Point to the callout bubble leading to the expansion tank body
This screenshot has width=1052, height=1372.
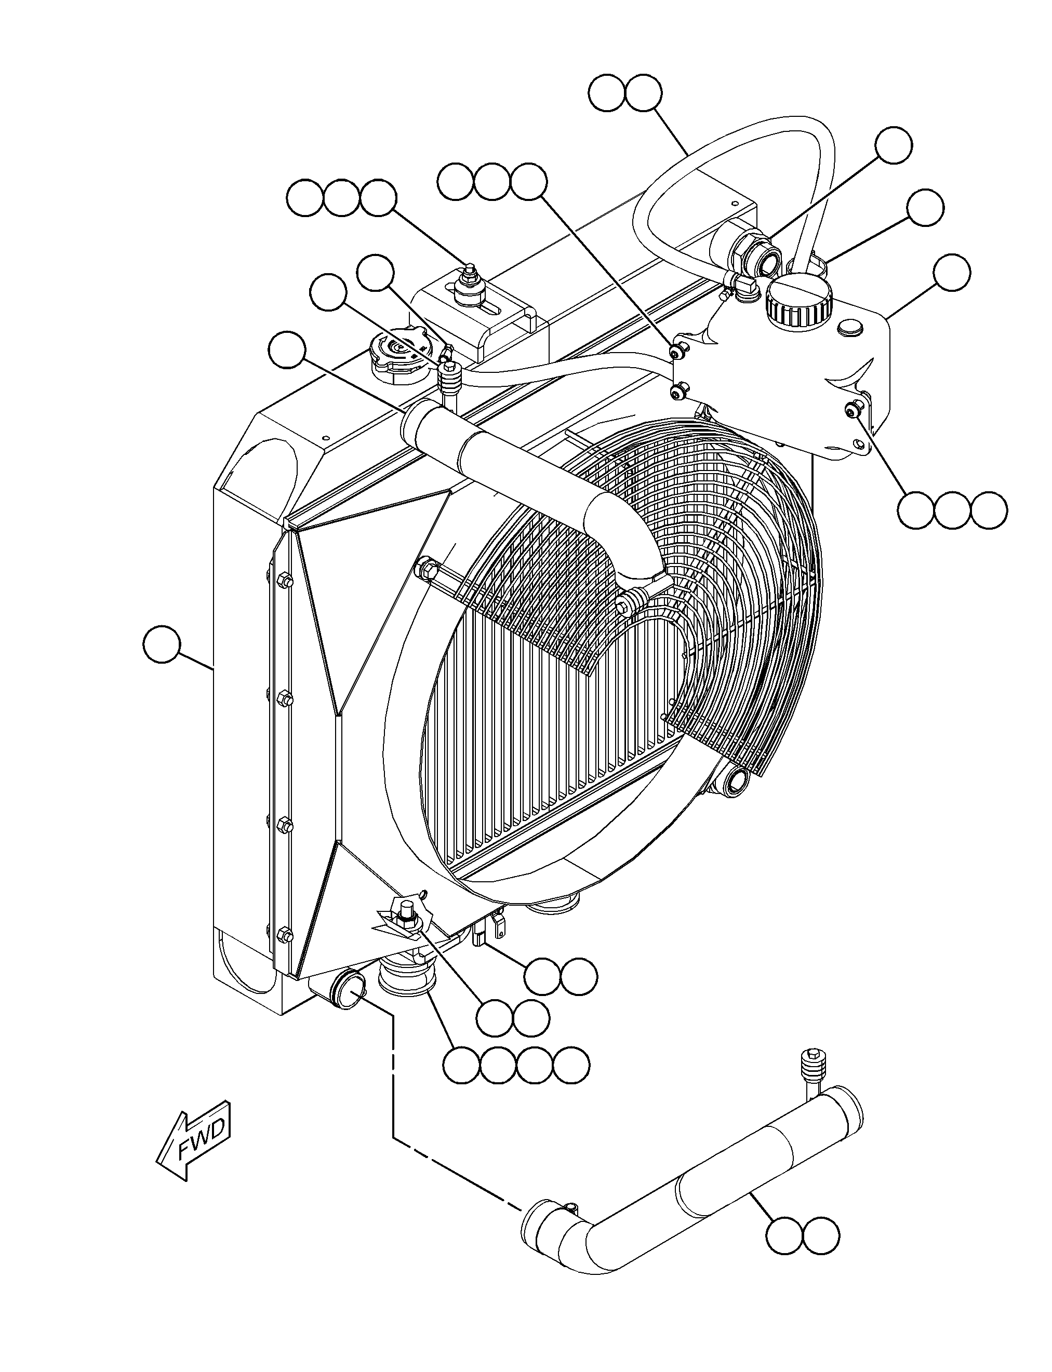tap(951, 272)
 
